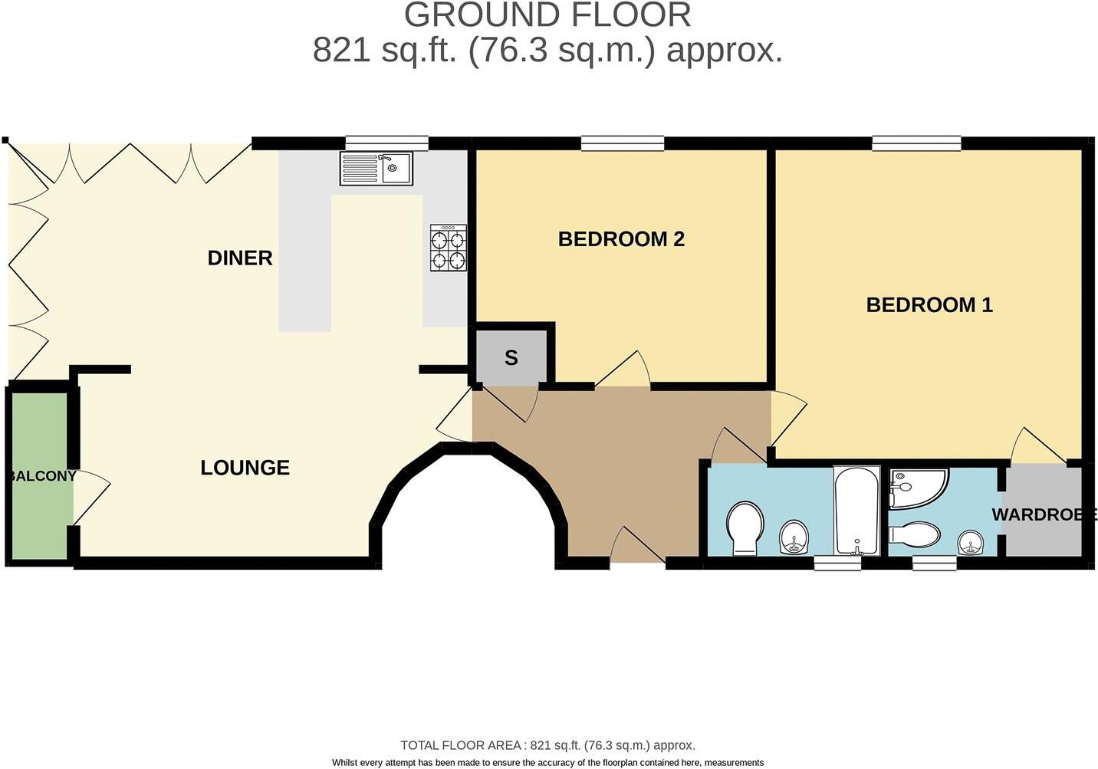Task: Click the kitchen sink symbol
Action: [x=376, y=168]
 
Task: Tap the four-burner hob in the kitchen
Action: [x=449, y=248]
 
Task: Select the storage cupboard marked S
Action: [x=511, y=357]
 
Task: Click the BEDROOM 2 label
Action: [x=621, y=239]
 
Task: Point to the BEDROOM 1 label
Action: [x=929, y=305]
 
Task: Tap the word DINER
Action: [x=240, y=258]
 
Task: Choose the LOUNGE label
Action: [x=245, y=468]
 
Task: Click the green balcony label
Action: [x=42, y=476]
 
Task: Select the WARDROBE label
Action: [x=1044, y=514]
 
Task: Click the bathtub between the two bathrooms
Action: [x=856, y=511]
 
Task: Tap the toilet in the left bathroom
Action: [x=745, y=527]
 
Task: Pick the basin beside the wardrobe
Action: [x=971, y=543]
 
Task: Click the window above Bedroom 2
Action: [x=623, y=143]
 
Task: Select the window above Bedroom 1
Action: [x=916, y=143]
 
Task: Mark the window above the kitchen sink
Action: [x=386, y=143]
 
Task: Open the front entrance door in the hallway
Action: [x=637, y=547]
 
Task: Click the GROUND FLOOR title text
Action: [x=547, y=15]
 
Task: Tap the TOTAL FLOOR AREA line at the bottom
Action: [x=547, y=745]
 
